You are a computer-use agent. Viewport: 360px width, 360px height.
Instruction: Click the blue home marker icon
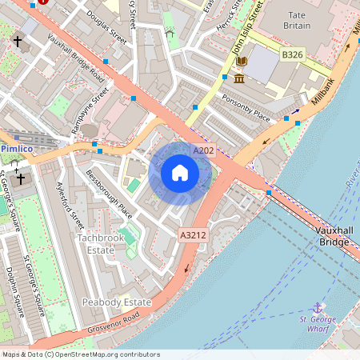click(x=180, y=172)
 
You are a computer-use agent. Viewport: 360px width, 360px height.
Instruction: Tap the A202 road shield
click(x=202, y=150)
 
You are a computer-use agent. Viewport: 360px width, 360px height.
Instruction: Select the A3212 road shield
click(x=193, y=235)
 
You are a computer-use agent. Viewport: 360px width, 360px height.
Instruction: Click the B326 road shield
click(x=293, y=54)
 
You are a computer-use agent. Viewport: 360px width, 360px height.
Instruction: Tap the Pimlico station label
click(x=16, y=149)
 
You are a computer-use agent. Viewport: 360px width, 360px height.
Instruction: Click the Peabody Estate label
click(x=116, y=302)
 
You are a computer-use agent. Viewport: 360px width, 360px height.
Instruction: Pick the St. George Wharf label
click(x=318, y=326)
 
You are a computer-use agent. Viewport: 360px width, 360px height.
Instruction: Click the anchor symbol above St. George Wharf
click(x=318, y=307)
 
